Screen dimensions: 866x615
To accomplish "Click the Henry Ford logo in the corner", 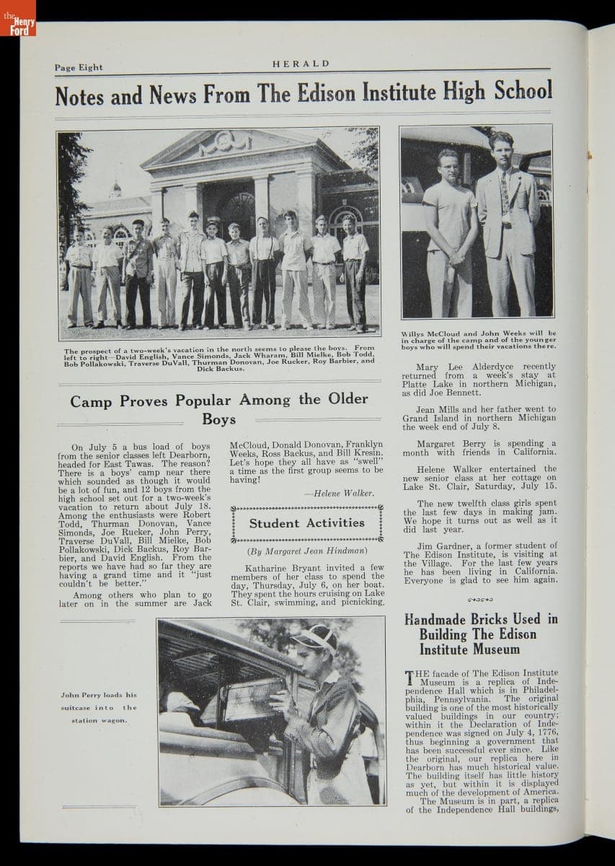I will click(17, 17).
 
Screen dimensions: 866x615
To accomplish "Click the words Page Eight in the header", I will click(79, 68).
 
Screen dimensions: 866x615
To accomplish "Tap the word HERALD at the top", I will click(301, 64).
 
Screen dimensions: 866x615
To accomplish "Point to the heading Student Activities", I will click(307, 523).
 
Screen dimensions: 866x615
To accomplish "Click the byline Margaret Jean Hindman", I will click(307, 551).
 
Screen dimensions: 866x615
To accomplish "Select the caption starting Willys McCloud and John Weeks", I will click(479, 340).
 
